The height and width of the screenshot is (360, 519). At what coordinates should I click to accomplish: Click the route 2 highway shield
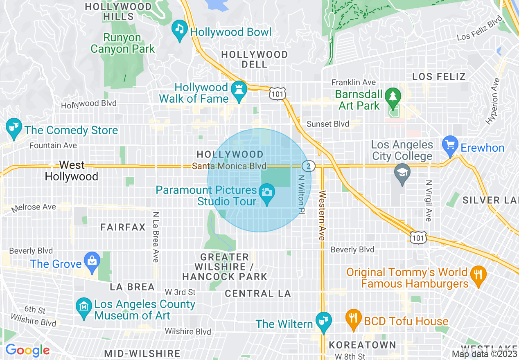[308, 166]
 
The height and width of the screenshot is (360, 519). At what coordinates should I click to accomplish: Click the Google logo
[27, 350]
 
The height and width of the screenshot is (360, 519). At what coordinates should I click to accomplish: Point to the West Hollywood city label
[72, 171]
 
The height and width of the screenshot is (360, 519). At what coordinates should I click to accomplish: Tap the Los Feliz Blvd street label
[479, 28]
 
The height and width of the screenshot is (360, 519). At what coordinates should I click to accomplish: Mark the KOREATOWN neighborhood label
[363, 345]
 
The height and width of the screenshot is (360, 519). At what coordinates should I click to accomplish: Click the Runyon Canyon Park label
[123, 43]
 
